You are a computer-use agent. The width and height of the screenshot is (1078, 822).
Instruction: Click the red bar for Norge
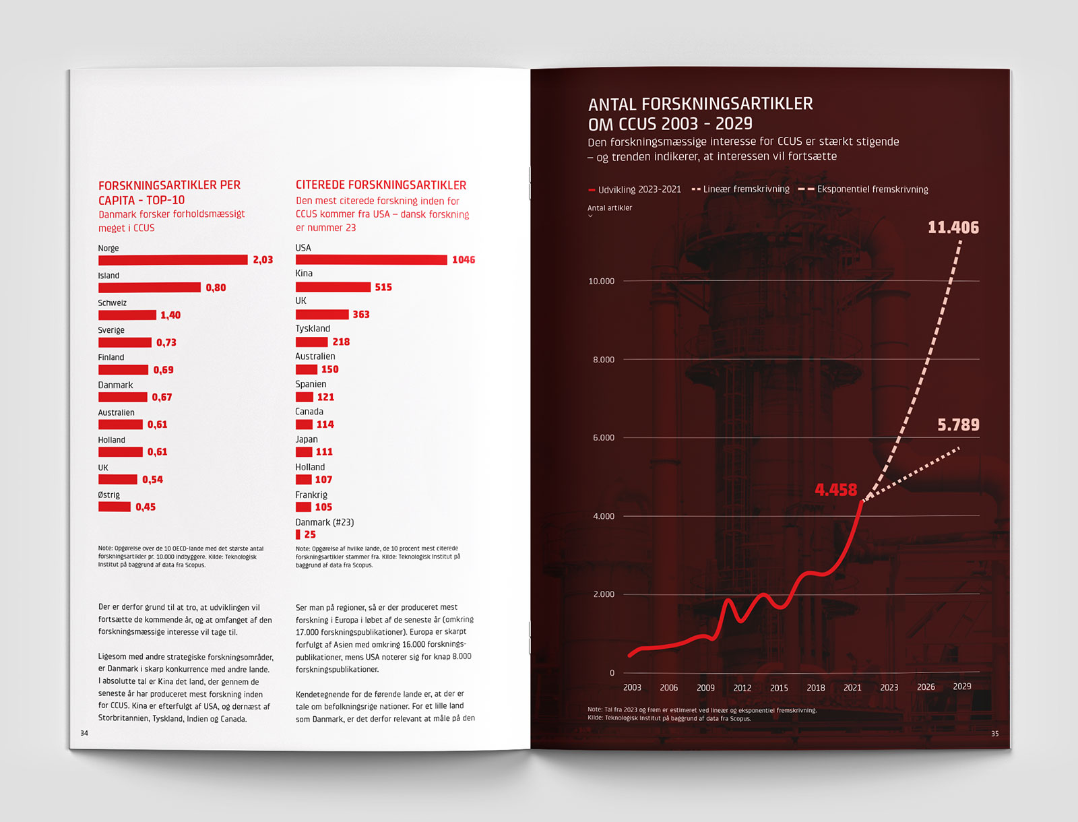172,260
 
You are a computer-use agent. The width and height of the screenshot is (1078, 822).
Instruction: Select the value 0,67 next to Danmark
162,398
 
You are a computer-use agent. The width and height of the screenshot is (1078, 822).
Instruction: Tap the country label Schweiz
112,303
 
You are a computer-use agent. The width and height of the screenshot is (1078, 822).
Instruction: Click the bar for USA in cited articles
371,260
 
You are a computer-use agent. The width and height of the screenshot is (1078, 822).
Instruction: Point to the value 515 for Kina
383,287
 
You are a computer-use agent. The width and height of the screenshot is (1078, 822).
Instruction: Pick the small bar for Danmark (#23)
298,534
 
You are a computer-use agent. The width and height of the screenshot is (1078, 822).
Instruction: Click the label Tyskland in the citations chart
313,329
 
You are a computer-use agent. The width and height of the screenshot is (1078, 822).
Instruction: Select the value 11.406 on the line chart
953,228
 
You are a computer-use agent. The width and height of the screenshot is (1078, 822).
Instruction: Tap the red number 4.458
835,490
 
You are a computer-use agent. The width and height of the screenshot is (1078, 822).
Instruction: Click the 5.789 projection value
958,425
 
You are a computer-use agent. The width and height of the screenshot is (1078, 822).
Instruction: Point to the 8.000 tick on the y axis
604,360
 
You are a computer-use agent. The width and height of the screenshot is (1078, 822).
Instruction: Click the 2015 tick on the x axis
779,688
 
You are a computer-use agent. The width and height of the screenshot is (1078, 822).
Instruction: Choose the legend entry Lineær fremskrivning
746,189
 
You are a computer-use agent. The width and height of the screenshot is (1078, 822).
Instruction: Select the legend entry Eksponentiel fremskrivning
872,189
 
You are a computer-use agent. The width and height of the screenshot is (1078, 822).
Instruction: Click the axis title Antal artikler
610,208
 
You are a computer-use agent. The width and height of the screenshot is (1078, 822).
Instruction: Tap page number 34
84,733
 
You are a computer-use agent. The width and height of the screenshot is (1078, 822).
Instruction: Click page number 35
994,734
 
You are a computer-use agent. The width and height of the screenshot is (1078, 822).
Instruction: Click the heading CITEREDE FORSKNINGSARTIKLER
381,185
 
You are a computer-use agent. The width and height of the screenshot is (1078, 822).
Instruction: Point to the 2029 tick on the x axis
962,687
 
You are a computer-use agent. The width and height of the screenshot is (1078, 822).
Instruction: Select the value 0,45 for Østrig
146,507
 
